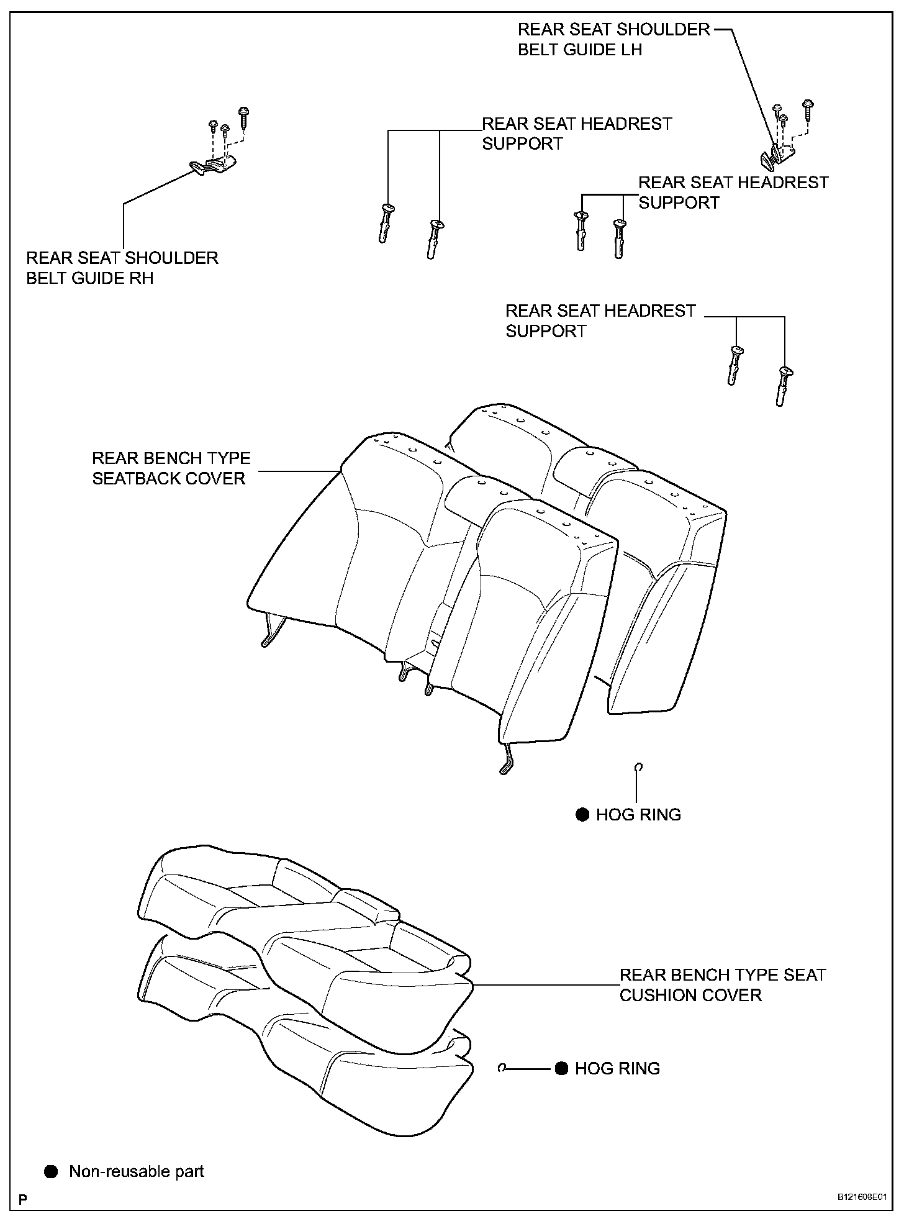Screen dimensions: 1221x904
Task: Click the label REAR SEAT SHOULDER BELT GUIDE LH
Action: tap(613, 40)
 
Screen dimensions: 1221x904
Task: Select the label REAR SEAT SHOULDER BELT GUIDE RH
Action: tap(122, 268)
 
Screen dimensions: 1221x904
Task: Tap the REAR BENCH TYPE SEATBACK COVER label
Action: tap(171, 468)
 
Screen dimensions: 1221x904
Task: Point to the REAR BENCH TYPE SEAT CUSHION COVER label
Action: tap(722, 985)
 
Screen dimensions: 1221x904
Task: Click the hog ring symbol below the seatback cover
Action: tap(638, 768)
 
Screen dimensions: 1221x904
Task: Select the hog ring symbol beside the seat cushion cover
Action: tap(503, 1068)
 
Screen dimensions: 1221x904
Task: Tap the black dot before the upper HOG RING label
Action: tap(582, 815)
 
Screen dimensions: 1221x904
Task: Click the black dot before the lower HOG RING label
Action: tap(561, 1068)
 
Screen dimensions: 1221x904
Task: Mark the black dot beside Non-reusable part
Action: tap(51, 1172)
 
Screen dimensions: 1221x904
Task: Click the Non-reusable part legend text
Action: tap(137, 1172)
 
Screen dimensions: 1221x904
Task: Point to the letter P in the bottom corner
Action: tap(23, 1199)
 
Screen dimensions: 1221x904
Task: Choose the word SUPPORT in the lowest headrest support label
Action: tap(545, 331)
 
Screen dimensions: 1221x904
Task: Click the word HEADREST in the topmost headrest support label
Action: tap(624, 124)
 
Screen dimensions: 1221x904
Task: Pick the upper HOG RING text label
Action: tap(638, 815)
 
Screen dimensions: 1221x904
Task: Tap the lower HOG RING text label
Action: tap(617, 1068)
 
